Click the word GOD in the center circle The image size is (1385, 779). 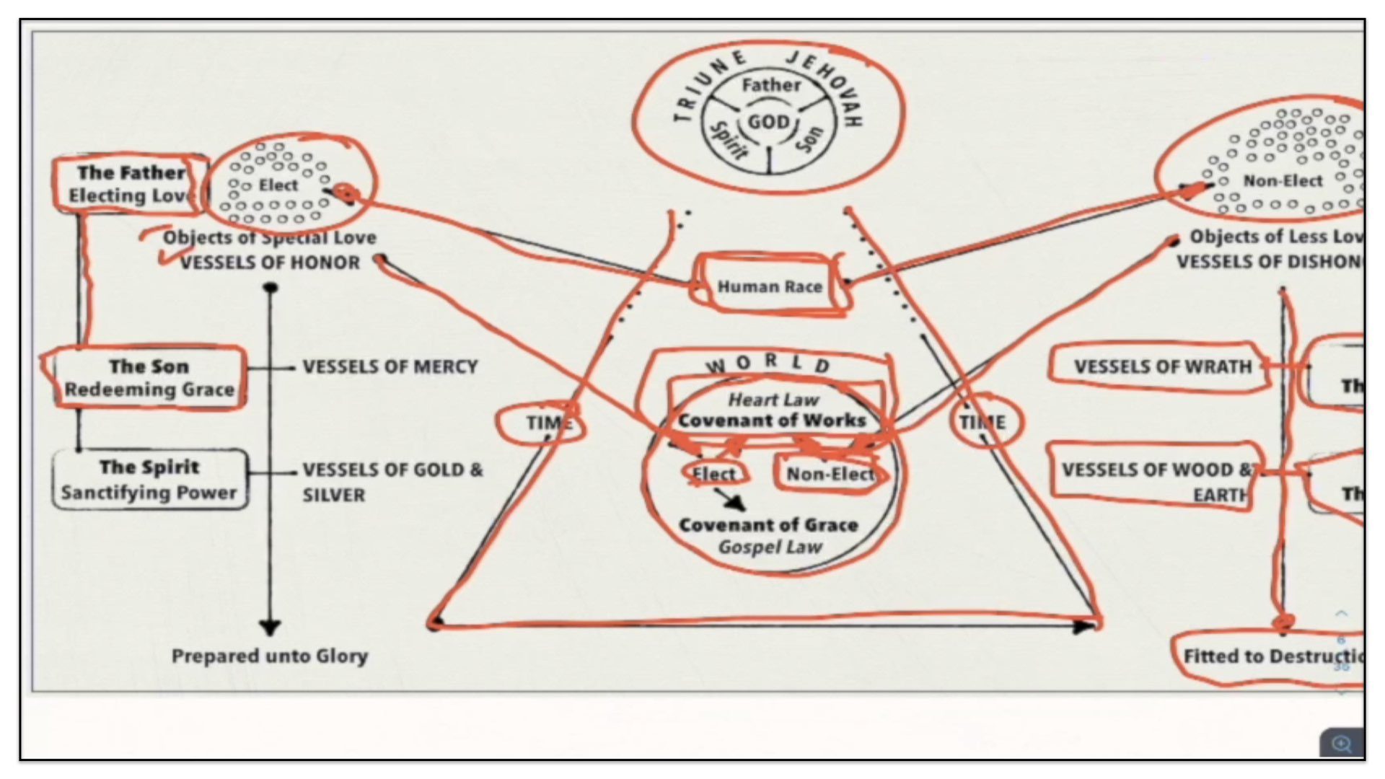(768, 122)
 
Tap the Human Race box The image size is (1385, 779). (769, 286)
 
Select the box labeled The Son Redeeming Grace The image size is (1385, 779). (149, 378)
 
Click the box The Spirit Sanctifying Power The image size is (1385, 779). (149, 480)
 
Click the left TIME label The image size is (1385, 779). (547, 423)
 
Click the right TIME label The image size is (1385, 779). (982, 423)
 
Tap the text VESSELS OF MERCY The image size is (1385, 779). (390, 367)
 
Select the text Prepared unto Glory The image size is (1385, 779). (270, 656)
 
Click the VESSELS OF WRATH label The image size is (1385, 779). (1162, 367)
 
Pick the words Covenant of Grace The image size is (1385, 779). (768, 525)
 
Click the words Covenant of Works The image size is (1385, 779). (771, 421)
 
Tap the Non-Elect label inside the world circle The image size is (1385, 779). (830, 474)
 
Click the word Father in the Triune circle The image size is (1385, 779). (771, 85)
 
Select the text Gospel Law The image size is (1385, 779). (770, 547)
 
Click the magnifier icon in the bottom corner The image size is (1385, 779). (1342, 744)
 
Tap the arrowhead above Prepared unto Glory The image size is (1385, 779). (270, 627)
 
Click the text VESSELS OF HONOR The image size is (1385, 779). (270, 263)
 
